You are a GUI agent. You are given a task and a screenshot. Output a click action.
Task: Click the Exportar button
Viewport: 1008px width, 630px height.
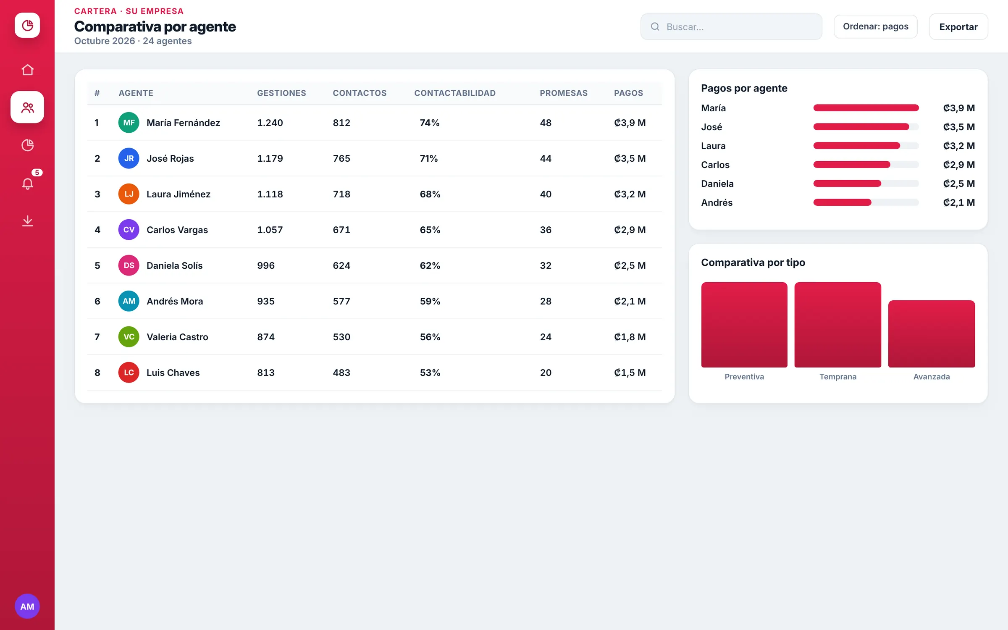point(958,26)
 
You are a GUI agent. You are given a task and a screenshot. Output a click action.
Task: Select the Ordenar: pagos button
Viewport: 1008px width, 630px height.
point(875,26)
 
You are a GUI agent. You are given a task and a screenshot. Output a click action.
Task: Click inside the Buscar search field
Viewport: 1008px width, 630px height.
point(731,26)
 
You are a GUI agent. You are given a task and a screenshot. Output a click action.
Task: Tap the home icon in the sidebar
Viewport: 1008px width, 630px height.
point(27,69)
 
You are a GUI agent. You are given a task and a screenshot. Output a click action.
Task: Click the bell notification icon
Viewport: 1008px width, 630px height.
point(27,184)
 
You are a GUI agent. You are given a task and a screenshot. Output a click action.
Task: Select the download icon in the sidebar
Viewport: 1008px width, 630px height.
point(27,220)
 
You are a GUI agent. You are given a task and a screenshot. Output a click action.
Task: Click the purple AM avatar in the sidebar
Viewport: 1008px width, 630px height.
point(27,606)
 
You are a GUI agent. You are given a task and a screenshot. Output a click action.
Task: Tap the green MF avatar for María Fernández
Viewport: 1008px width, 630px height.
point(129,123)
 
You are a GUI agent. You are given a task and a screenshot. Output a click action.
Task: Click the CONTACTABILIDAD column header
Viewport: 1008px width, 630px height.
point(455,93)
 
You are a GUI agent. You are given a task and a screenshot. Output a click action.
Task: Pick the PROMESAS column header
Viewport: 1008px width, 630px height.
point(564,93)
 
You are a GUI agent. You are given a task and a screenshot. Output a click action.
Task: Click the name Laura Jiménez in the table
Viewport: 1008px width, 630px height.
point(178,194)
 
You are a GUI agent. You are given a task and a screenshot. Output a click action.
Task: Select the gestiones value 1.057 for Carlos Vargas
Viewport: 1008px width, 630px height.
point(270,230)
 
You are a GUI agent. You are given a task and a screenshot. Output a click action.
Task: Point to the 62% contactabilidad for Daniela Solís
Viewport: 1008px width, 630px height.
point(430,265)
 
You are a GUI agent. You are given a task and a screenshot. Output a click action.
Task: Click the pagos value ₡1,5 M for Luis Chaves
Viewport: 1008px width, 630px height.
point(630,373)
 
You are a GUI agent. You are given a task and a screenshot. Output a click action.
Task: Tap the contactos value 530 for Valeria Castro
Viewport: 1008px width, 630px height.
point(341,337)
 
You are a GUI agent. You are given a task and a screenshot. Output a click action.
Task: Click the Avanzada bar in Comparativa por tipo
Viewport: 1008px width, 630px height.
point(932,334)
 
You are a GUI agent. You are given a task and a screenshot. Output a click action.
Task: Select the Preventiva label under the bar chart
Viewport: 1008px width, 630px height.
point(744,377)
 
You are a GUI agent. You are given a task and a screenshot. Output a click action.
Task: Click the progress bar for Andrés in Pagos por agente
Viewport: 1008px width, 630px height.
point(866,202)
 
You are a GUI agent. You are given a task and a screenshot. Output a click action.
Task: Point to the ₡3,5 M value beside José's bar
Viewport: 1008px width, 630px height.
point(959,127)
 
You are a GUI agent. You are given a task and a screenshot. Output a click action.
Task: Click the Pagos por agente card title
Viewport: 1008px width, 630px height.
point(744,88)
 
